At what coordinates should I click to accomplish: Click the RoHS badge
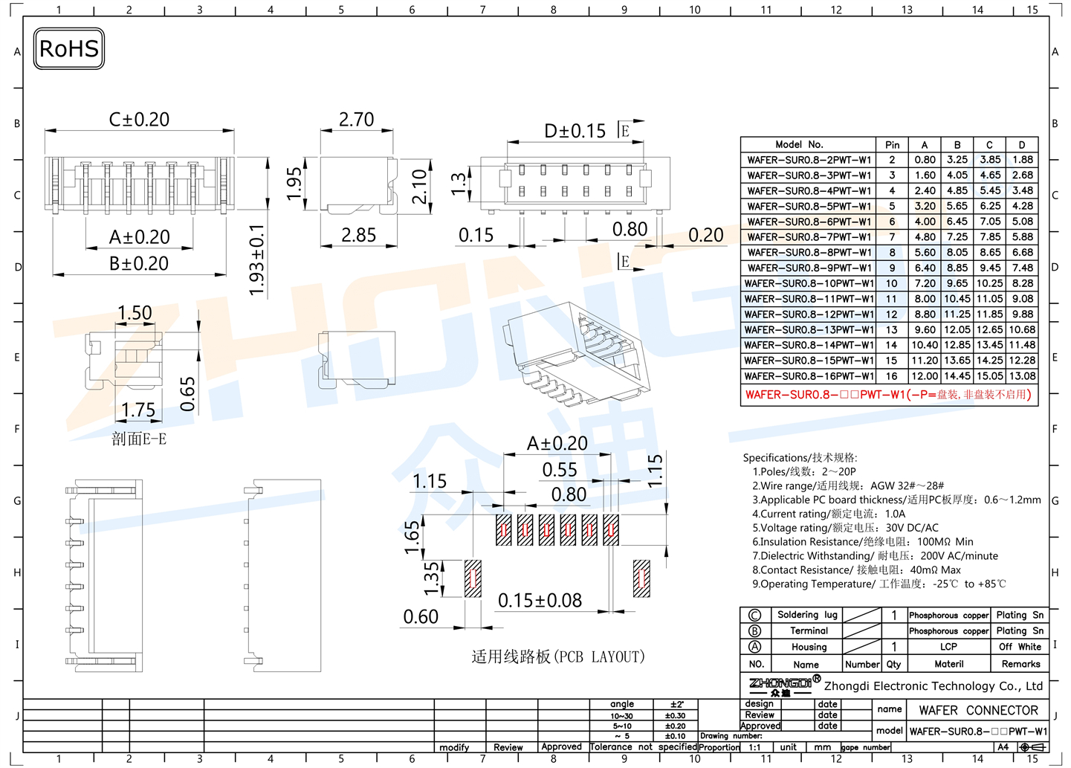[x=69, y=49]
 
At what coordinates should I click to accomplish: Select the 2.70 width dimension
[x=356, y=120]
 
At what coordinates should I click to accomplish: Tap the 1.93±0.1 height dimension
[x=256, y=260]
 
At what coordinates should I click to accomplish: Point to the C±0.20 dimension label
[x=139, y=120]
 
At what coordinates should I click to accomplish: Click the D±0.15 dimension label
[x=575, y=131]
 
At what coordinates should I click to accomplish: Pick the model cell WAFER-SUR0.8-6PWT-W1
[x=809, y=222]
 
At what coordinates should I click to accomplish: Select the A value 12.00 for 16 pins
[x=925, y=376]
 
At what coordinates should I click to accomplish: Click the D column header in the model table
[x=1022, y=145]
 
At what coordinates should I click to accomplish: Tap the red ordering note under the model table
[x=888, y=395]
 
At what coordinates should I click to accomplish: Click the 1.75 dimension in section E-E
[x=137, y=410]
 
